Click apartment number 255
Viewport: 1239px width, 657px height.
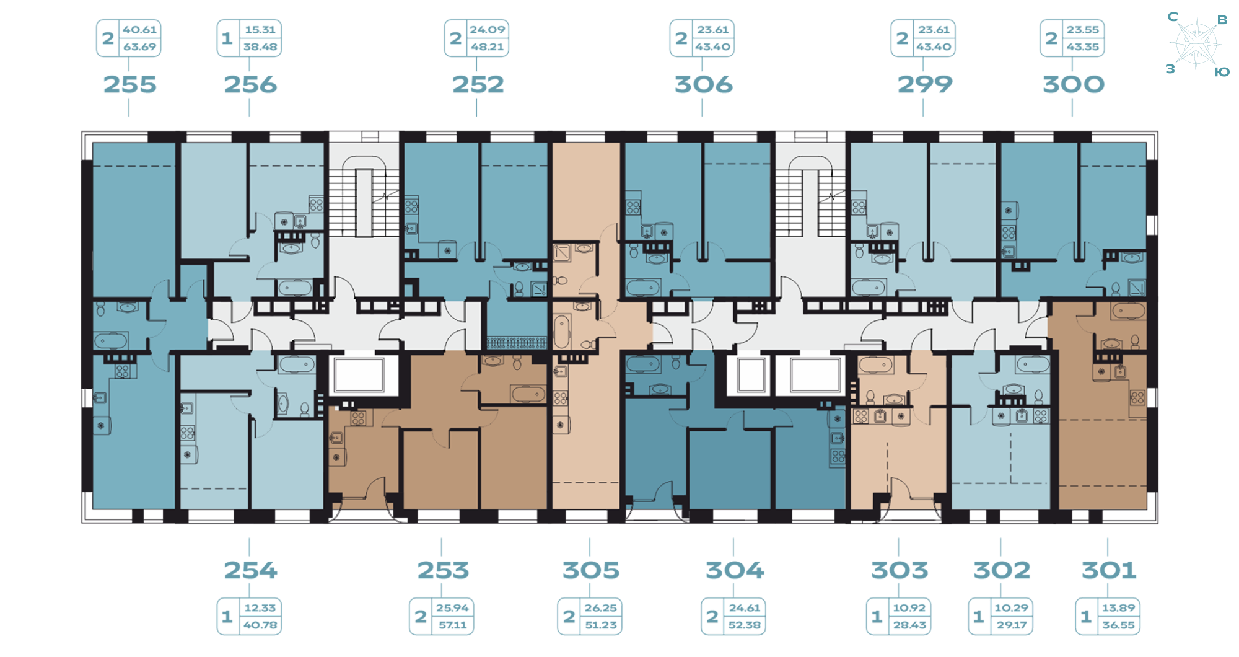coord(129,84)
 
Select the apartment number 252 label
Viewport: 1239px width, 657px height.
coord(478,84)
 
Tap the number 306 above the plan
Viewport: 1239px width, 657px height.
coord(703,84)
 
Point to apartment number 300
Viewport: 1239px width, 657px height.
coord(1073,84)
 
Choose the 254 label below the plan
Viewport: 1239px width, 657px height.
coord(250,570)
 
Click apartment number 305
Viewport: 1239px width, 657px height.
coord(590,570)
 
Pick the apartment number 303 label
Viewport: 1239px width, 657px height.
coord(900,570)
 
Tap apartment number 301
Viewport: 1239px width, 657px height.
coord(1109,570)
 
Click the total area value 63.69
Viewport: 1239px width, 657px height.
coord(139,47)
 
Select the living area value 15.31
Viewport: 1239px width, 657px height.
coord(260,30)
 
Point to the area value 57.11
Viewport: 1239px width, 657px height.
coord(452,625)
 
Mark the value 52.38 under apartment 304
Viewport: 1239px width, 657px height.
coord(744,625)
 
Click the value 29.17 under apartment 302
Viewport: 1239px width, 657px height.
coord(1012,625)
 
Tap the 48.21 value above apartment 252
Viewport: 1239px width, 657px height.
coord(488,47)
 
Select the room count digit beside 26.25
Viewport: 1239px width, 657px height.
coord(569,617)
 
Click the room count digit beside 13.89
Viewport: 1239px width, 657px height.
coord(1085,617)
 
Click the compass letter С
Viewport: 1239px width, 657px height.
coord(1173,17)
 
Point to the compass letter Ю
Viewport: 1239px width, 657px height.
coord(1222,73)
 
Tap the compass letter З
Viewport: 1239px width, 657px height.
coord(1170,69)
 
